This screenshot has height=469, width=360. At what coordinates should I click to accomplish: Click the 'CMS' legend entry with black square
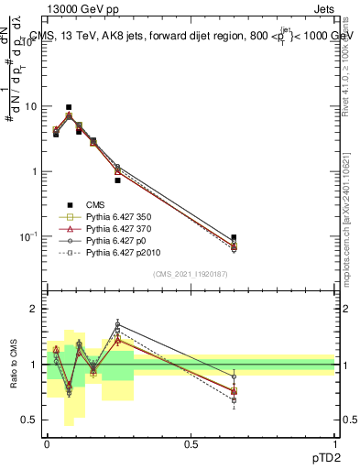[95, 204]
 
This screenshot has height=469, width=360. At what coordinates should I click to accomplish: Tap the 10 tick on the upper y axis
[33, 106]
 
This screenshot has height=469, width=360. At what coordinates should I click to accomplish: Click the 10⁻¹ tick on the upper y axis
[31, 236]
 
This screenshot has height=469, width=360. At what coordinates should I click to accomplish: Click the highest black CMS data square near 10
[69, 107]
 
